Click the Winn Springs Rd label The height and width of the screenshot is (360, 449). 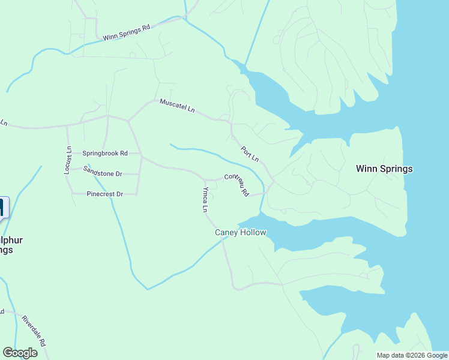pos(126,33)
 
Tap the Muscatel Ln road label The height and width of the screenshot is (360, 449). pos(177,106)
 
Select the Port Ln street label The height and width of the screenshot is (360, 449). pos(250,154)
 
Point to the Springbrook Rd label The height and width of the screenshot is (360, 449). pos(105,154)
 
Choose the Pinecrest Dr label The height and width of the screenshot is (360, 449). pos(104,194)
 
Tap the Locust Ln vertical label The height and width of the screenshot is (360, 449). pos(68,160)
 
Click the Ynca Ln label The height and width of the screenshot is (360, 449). pos(205,200)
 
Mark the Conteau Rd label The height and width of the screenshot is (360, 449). pos(237,184)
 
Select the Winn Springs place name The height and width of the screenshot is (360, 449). pos(384,169)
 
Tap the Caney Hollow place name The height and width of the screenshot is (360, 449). pos(240,233)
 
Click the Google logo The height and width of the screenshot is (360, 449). pos(20,353)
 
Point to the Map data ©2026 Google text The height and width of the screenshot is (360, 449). pos(412,355)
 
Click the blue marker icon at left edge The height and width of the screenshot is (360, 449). pos(3,208)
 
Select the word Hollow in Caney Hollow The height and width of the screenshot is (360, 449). pos(253,233)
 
